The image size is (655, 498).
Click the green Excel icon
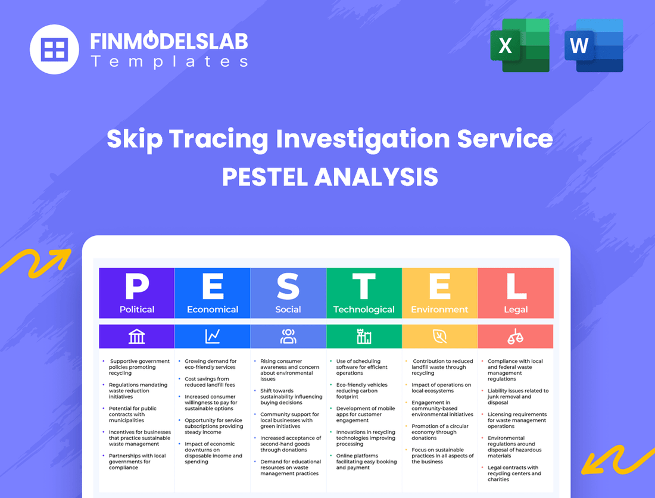pos(520,45)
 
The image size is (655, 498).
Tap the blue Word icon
pos(594,45)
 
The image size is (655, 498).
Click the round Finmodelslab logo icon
pos(54,49)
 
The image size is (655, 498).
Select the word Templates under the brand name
pos(169,61)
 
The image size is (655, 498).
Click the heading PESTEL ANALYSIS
pos(330,177)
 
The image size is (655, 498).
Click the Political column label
pos(137,309)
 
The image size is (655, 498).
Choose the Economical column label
pos(213,309)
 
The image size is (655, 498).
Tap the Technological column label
pos(364,309)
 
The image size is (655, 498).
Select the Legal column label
pos(516,309)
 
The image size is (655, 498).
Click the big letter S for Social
pos(288,287)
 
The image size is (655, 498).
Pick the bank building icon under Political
pos(137,337)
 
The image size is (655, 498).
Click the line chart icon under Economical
pos(213,337)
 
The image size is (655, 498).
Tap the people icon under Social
pos(288,337)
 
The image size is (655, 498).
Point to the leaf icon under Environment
pos(439,337)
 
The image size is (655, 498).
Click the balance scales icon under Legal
pos(516,337)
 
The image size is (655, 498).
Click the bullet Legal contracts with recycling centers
pos(514,474)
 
